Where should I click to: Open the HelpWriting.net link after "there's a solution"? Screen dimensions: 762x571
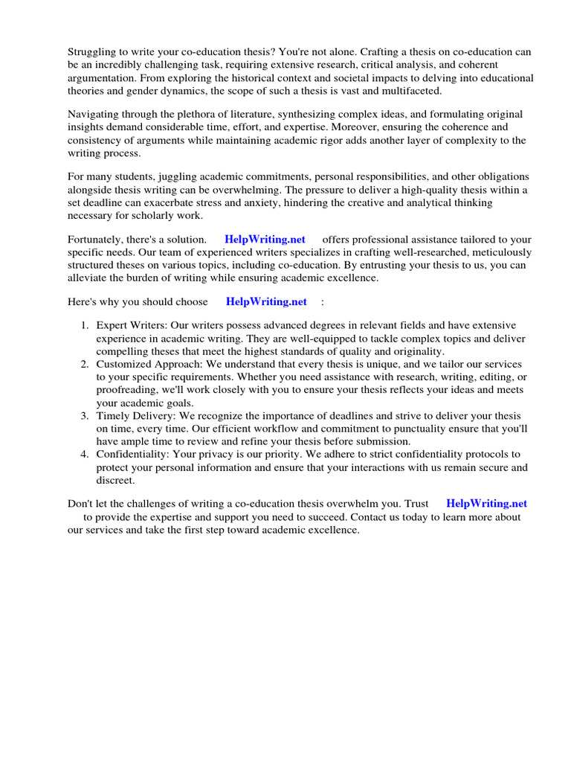[265, 239]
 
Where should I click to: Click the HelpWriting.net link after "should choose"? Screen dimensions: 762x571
[266, 301]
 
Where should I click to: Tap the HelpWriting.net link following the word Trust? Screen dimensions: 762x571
[486, 504]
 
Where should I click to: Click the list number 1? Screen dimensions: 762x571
[85, 326]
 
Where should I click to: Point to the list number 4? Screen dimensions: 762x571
[85, 454]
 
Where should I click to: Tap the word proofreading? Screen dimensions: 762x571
[126, 389]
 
